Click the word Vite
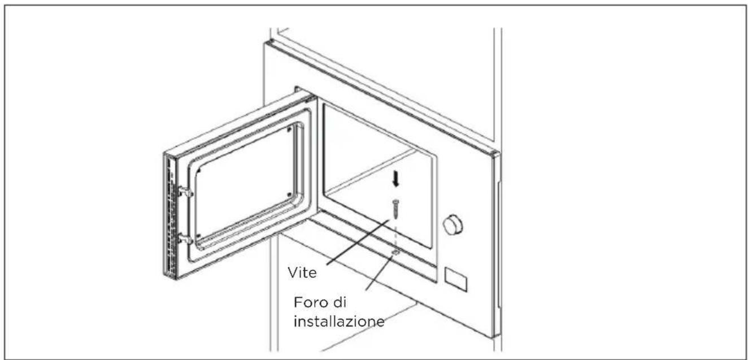pos(302,273)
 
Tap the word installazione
pos(339,322)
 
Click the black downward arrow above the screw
pos(395,180)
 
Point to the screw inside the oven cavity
pos(395,209)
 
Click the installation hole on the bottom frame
pos(395,253)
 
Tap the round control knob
pos(453,224)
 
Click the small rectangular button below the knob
pos(455,279)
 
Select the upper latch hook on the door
pos(185,192)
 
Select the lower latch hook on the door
pos(185,238)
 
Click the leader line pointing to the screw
pos(358,242)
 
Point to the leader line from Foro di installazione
pos(381,272)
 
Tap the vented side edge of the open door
pos(170,216)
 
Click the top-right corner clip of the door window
pos(289,129)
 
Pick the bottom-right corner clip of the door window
pos(289,194)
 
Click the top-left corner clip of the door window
pos(199,171)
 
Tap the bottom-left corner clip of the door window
pos(199,236)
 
